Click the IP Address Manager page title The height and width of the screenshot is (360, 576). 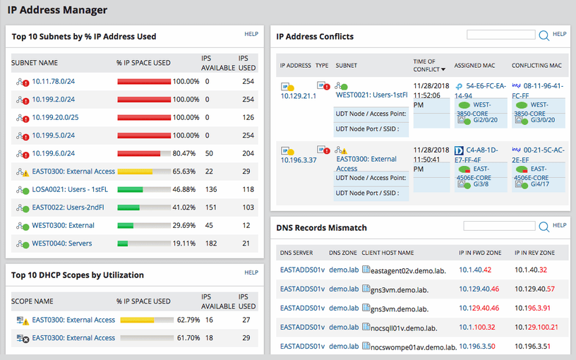pos(57,10)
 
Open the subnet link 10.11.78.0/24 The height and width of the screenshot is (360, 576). pos(53,81)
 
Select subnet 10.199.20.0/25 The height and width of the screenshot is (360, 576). pos(55,117)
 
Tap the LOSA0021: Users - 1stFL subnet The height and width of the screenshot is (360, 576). pos(70,189)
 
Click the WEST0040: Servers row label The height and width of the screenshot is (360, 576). pos(62,244)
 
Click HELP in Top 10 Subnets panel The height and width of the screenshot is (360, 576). pos(251,33)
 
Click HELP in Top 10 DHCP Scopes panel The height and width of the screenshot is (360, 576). pos(251,272)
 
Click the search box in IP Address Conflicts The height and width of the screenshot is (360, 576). pos(500,34)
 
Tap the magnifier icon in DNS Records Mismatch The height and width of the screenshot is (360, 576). pos(544,227)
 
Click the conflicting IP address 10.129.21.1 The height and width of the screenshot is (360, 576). pos(299,95)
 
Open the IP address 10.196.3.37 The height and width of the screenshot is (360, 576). pos(299,160)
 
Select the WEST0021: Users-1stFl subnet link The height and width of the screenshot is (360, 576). pos(372,94)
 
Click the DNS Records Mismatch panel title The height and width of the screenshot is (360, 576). pos(321,228)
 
